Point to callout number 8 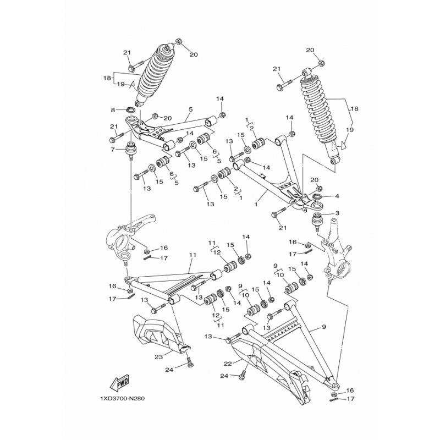113,110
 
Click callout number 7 113,149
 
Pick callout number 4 337,196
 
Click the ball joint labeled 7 131,150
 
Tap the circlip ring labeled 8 130,111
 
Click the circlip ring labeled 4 318,197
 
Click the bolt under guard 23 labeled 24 190,364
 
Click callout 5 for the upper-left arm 190,109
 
